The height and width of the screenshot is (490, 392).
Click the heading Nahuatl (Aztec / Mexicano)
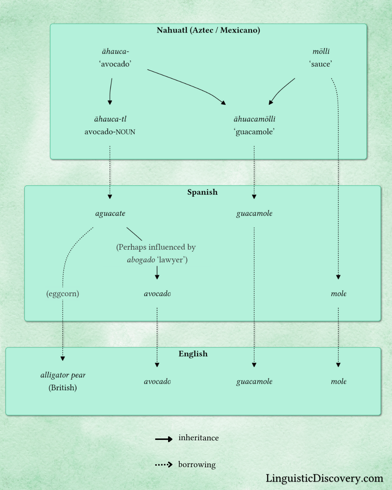(x=208, y=30)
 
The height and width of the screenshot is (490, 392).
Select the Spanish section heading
(x=202, y=192)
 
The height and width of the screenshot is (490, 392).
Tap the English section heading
(x=193, y=354)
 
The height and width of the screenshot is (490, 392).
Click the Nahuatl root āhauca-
(x=115, y=52)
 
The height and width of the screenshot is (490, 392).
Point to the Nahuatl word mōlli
(x=321, y=52)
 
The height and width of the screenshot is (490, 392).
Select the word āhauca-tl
(x=110, y=119)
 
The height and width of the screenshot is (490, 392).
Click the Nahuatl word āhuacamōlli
(x=254, y=119)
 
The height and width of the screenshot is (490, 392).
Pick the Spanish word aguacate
(x=110, y=213)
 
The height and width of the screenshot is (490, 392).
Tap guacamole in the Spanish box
(x=254, y=213)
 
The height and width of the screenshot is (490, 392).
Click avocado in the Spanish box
(x=157, y=294)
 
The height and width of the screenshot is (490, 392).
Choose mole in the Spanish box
(x=338, y=294)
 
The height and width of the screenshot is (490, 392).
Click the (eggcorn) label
(x=63, y=294)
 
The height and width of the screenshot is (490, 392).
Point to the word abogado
(x=141, y=260)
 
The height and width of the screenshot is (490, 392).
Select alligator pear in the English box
(x=63, y=375)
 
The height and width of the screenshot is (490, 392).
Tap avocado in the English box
(x=157, y=381)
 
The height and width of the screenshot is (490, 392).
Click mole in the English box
(x=338, y=381)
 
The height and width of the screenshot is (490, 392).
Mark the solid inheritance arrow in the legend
(x=164, y=439)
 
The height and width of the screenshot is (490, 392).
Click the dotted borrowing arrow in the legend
(x=164, y=465)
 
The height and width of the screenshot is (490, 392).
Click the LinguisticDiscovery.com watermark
(x=324, y=478)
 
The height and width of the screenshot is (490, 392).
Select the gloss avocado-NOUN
(x=110, y=132)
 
